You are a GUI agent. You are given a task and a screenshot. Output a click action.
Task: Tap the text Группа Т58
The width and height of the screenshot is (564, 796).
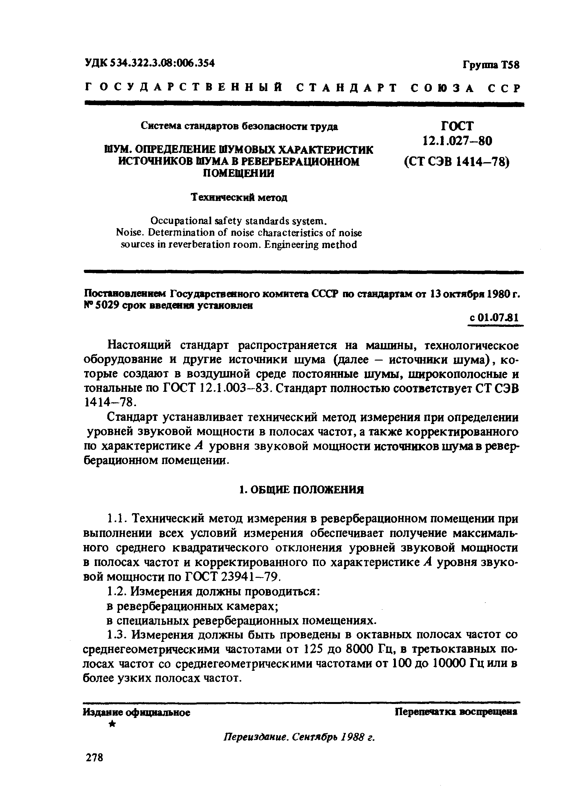point(491,65)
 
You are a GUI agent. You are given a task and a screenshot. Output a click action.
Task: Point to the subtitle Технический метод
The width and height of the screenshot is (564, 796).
point(239,197)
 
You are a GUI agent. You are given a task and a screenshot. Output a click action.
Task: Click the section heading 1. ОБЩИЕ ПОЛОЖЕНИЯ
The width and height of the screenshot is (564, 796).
point(302,490)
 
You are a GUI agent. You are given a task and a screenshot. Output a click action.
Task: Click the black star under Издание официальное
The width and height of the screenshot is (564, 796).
point(112,724)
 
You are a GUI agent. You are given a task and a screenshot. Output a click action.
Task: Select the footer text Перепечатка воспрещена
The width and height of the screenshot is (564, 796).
point(456,712)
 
